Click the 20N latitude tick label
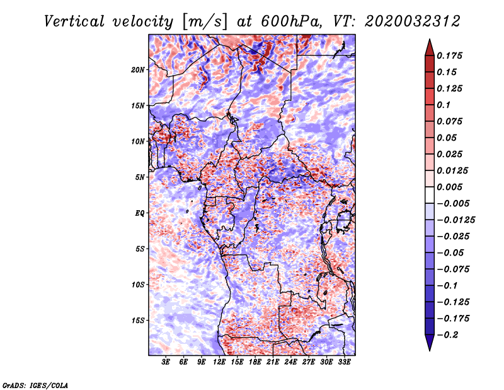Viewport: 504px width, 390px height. click(x=138, y=70)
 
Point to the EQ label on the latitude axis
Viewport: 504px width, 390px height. click(x=139, y=213)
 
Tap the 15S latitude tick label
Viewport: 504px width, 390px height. click(x=138, y=321)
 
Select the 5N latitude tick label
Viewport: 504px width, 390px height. click(x=140, y=177)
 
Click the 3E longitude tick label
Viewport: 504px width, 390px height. click(x=166, y=362)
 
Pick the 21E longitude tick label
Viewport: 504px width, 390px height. click(x=273, y=362)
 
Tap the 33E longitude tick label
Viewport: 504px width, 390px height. click(x=344, y=362)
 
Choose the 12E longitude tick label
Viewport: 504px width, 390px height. click(x=219, y=362)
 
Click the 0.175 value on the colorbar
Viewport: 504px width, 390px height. click(x=449, y=56)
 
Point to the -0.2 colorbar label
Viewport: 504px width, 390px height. click(x=447, y=335)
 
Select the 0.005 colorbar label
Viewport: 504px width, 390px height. click(x=449, y=187)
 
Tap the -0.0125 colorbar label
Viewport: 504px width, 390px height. click(x=455, y=220)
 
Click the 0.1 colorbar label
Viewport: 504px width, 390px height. click(x=444, y=105)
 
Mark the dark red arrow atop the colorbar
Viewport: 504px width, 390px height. click(x=430, y=48)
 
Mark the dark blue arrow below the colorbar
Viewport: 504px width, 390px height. click(x=430, y=343)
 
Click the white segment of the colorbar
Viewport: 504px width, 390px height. click(x=430, y=195)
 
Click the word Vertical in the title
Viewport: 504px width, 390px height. click(x=74, y=21)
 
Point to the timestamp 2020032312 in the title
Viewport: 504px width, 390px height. click(x=413, y=21)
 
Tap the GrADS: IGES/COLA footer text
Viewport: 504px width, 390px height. click(x=35, y=385)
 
